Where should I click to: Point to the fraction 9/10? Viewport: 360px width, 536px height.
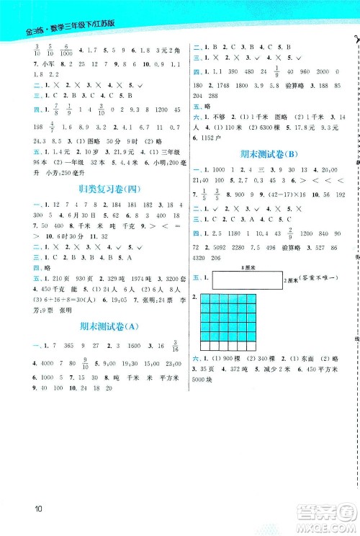[86, 362]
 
